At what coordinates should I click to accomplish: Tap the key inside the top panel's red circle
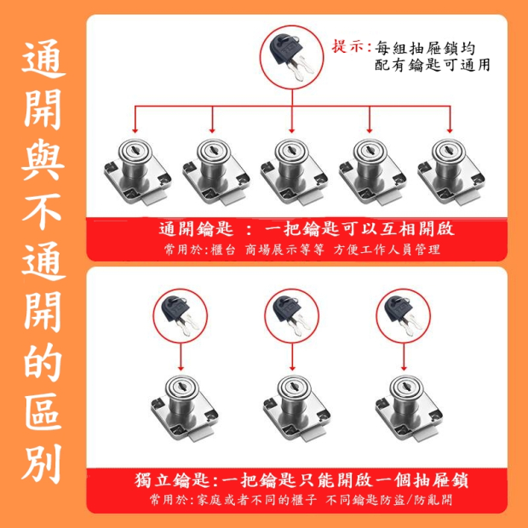(291, 56)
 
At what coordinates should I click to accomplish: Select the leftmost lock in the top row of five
(137, 172)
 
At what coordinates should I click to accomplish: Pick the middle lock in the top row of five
(294, 172)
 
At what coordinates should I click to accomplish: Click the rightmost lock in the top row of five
(451, 172)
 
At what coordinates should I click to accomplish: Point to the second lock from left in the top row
(215, 172)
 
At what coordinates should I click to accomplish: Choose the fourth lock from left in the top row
(372, 172)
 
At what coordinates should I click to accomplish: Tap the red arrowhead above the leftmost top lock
(135, 130)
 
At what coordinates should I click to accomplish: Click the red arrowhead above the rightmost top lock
(450, 130)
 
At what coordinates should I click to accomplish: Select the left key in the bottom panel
(181, 315)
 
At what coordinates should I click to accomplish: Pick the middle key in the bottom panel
(291, 315)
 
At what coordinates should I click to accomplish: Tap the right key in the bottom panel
(403, 315)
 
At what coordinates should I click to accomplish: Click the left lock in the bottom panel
(184, 408)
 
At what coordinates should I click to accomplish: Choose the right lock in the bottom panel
(409, 408)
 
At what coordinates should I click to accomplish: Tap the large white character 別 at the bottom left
(42, 463)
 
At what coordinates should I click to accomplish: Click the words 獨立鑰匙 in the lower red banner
(172, 480)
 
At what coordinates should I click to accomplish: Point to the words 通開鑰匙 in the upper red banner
(197, 229)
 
